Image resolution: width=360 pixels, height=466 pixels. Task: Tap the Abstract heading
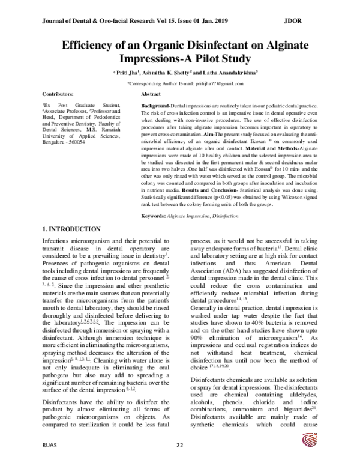150,95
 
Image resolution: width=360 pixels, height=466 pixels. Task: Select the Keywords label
154,215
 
